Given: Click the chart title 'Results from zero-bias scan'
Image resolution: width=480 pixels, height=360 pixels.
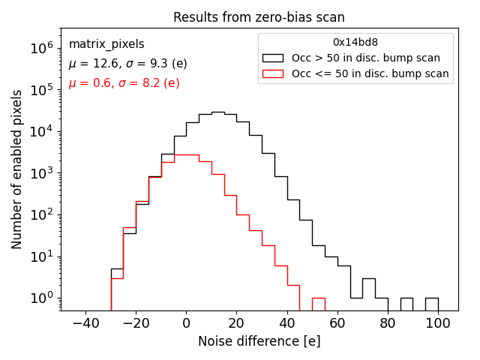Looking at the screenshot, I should pyautogui.click(x=259, y=17).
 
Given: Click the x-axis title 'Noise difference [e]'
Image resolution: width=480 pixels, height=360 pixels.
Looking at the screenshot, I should pyautogui.click(x=259, y=341).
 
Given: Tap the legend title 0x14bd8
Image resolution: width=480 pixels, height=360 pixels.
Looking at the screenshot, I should pyautogui.click(x=355, y=42).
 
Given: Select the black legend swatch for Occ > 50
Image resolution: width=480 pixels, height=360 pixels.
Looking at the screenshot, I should pyautogui.click(x=272, y=58).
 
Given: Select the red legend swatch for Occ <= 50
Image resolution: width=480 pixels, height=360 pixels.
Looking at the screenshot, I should pyautogui.click(x=272, y=73).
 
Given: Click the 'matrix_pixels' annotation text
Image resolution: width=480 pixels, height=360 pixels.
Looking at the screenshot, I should pyautogui.click(x=106, y=44).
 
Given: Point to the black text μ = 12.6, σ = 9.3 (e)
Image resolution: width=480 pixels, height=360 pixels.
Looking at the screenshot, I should pyautogui.click(x=124, y=64).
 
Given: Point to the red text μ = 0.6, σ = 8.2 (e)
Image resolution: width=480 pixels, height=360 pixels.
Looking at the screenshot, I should pyautogui.click(x=124, y=83).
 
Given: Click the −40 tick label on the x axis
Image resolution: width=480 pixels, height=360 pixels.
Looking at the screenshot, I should pyautogui.click(x=85, y=324).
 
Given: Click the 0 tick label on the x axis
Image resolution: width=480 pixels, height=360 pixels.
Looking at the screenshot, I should pyautogui.click(x=186, y=324).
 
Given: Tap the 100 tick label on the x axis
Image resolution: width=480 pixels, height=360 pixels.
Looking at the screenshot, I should pyautogui.click(x=438, y=324).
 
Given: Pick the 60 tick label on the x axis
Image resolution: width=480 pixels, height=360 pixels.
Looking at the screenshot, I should pyautogui.click(x=337, y=324).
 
